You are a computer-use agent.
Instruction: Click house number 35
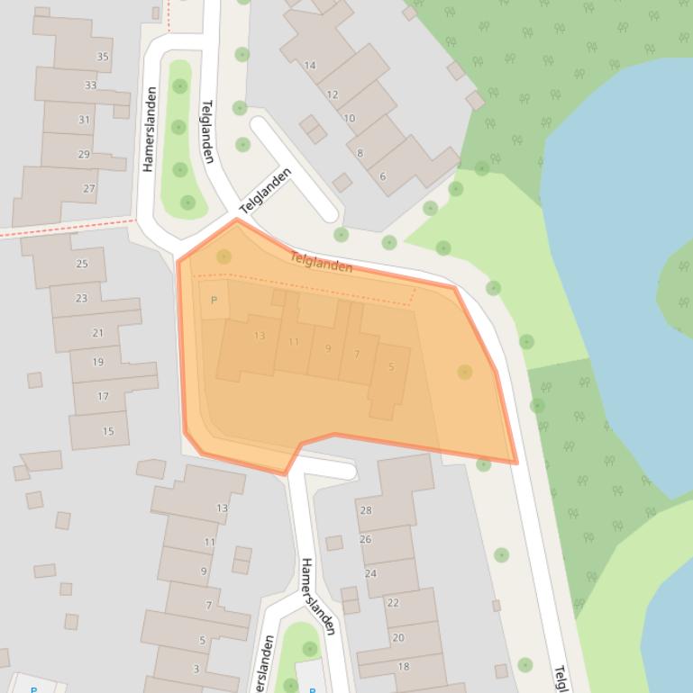tap(103, 57)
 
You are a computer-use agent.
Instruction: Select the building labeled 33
tap(90, 85)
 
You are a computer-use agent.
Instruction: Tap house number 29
tap(84, 154)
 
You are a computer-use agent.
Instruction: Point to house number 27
tap(89, 188)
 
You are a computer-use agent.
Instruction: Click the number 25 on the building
tap(82, 264)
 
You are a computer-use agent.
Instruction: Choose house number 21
tap(97, 333)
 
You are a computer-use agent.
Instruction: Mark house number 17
tap(103, 396)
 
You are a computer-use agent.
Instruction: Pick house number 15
tap(108, 431)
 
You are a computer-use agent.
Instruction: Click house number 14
tap(310, 65)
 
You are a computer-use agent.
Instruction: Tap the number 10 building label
tap(349, 118)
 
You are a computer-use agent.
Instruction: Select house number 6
tap(382, 176)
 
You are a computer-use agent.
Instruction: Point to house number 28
tap(366, 510)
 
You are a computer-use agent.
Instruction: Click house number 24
tap(370, 573)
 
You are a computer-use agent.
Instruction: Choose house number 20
tap(398, 637)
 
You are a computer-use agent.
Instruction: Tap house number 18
tap(404, 666)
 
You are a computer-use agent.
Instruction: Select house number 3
tap(196, 669)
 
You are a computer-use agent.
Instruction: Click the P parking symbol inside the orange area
tap(214, 301)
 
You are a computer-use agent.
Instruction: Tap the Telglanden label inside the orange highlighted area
tap(321, 263)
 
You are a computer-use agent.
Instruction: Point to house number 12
tap(333, 94)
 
